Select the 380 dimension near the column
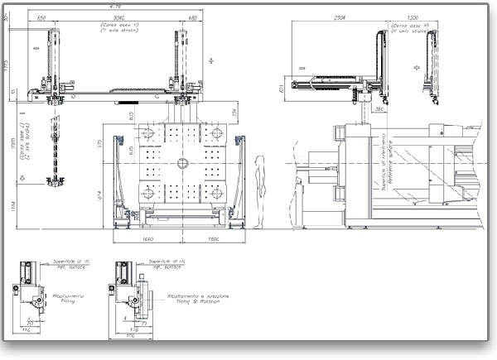[x=378, y=108]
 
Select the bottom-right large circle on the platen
[x=215, y=194]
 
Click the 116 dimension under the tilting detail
[x=27, y=330]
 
